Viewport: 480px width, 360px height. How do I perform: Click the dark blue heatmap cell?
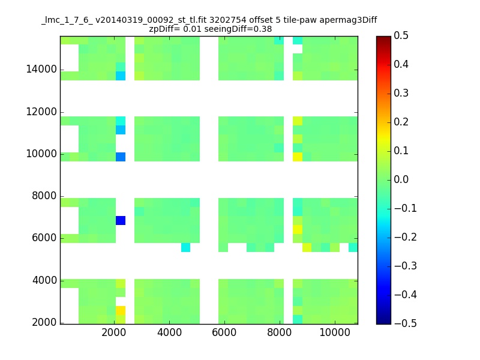click(121, 220)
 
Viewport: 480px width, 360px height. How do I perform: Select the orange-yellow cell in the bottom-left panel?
click(121, 310)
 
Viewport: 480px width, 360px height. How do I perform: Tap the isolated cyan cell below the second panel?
click(185, 247)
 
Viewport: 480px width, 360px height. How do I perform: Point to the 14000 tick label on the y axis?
click(41, 69)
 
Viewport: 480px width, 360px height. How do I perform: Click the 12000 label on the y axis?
click(41, 112)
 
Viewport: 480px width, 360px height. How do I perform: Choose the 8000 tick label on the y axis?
click(44, 196)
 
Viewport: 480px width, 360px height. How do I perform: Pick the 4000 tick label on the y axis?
click(44, 280)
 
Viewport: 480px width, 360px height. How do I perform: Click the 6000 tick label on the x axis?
click(224, 332)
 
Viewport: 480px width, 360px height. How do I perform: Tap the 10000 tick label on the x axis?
click(335, 332)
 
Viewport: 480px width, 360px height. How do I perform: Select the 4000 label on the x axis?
click(169, 332)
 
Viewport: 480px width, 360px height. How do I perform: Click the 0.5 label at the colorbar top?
click(401, 35)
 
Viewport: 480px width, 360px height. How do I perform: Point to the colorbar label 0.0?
click(401, 179)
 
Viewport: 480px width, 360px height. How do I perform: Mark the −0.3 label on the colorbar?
click(406, 266)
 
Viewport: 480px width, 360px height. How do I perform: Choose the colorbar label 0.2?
click(401, 122)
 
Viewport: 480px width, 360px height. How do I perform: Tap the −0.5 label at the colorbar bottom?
click(406, 323)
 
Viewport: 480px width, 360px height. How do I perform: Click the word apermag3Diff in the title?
click(348, 20)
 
